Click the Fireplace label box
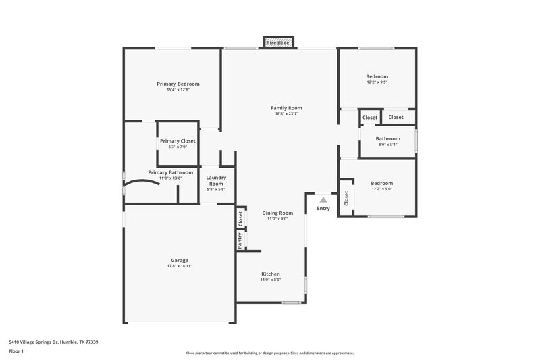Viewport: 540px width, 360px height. click(x=278, y=43)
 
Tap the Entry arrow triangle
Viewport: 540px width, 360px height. click(x=323, y=200)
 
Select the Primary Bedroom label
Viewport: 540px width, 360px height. click(x=178, y=84)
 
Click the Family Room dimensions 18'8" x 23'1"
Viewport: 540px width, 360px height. click(x=286, y=114)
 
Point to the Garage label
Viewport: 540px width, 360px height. click(x=179, y=260)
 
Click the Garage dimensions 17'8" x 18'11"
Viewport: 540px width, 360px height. click(x=179, y=266)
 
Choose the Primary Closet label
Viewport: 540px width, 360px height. click(x=178, y=140)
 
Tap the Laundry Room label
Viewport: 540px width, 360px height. click(x=216, y=180)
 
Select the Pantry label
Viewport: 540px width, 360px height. click(x=240, y=239)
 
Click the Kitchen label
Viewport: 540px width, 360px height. click(x=271, y=274)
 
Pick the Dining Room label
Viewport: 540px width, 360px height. click(x=277, y=213)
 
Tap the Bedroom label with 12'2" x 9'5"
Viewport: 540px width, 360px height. click(x=377, y=76)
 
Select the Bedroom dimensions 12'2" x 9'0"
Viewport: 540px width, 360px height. click(x=381, y=189)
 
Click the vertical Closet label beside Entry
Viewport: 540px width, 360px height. click(x=346, y=198)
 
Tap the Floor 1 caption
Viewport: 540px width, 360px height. click(x=17, y=352)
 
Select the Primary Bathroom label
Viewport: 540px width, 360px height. click(x=171, y=172)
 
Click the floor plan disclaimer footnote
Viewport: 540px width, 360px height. click(x=269, y=353)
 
